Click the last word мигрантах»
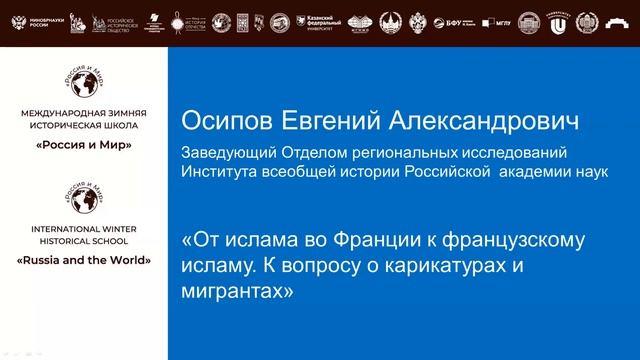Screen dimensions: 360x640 point(238,291)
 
